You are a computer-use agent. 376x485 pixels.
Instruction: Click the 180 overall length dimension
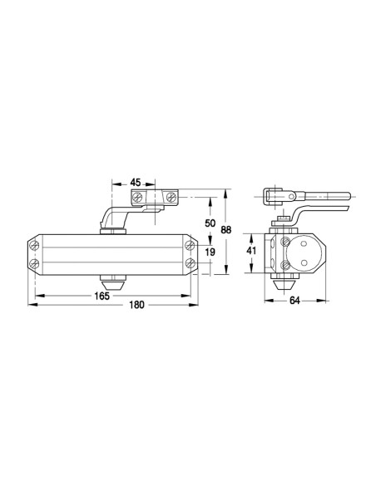(x=136, y=305)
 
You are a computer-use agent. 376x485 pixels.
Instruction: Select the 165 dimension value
(x=101, y=296)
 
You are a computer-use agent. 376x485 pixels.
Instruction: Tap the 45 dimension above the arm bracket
(x=136, y=182)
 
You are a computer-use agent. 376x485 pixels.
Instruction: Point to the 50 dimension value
(x=210, y=223)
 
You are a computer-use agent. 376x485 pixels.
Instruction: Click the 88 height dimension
(x=226, y=230)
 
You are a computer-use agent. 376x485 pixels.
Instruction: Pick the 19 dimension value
(x=210, y=252)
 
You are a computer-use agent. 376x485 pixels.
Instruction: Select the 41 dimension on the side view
(x=251, y=250)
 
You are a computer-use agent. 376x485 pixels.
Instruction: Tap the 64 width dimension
(x=294, y=301)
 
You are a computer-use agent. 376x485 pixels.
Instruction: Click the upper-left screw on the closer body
(x=35, y=246)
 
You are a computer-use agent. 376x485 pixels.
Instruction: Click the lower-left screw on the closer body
(x=35, y=264)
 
